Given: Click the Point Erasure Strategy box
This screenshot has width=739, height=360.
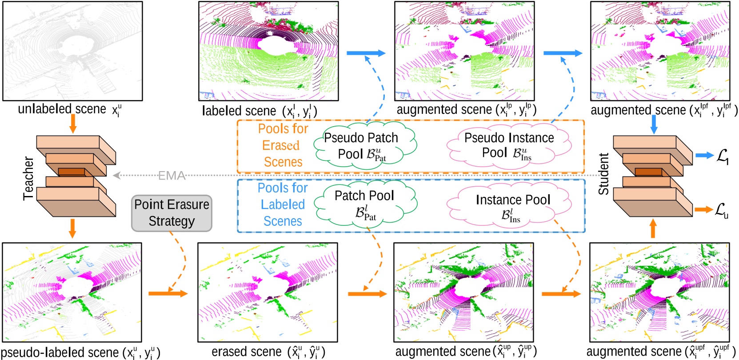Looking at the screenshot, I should pos(172,213).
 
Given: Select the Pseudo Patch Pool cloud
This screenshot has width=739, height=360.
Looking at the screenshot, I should pos(364,145).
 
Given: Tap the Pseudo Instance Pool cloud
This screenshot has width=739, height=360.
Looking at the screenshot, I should pos(509,145).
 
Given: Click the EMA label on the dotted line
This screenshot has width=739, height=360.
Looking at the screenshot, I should pos(172,176).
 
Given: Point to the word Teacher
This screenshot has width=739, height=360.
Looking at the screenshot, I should pos(28,178).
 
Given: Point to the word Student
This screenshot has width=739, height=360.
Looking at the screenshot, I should pos(603,174).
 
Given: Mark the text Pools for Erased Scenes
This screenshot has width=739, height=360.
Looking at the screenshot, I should pos(283,145).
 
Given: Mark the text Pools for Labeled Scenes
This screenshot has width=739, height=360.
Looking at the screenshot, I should pos(283,204).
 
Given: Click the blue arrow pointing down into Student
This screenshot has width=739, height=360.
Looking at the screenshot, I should pos(653,124).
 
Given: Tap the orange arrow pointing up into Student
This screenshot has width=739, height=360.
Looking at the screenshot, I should pos(653,229).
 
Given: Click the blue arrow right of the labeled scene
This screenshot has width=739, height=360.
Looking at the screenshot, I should pos(366,53).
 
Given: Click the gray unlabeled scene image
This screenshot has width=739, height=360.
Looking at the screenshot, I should pos(72,51).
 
